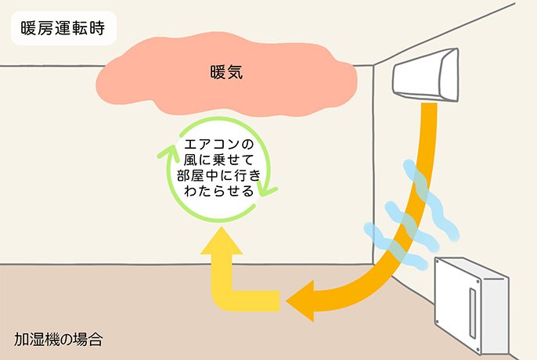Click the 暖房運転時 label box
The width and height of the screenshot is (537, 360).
coord(63,31)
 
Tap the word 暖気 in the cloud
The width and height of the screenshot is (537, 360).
coord(227,74)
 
